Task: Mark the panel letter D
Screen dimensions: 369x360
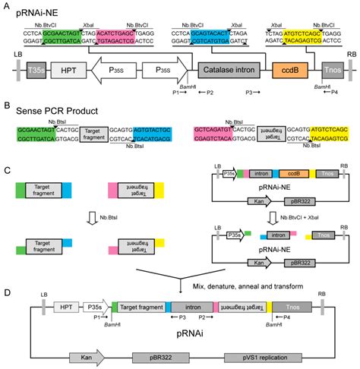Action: pyautogui.click(x=6, y=291)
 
